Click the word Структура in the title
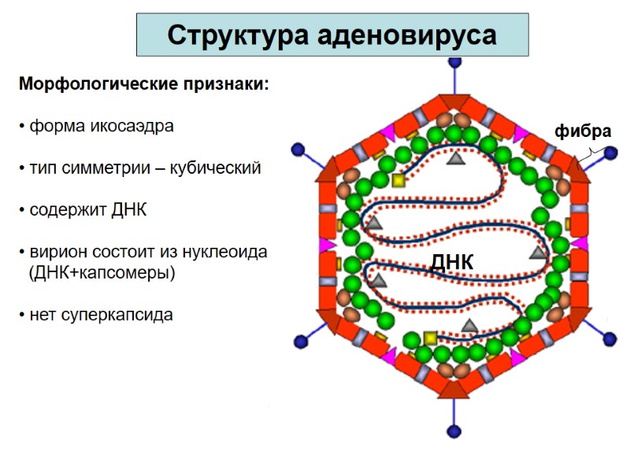(237, 36)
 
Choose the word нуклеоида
(228, 253)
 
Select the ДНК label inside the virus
(451, 263)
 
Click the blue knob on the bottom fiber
(454, 431)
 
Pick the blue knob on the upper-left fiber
(298, 149)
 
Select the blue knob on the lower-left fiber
(299, 341)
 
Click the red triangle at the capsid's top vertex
(454, 103)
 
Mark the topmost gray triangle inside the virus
(454, 159)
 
